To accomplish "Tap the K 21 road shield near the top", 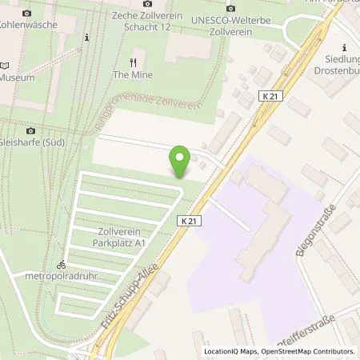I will point(270,95).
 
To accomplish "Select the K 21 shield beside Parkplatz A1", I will point(189,221).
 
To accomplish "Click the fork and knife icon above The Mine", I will point(134,62).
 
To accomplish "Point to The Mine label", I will point(133,74).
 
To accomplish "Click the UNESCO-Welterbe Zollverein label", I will point(230,22).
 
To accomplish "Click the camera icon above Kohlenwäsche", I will point(27,14).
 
